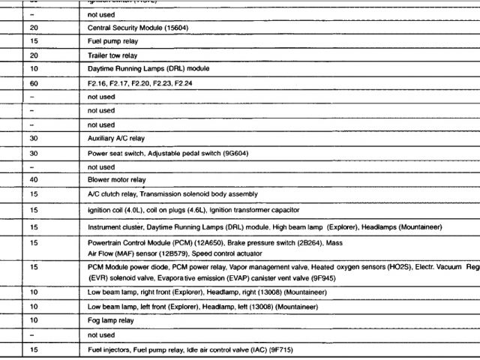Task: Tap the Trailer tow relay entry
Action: click(112, 55)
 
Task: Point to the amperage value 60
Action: click(34, 83)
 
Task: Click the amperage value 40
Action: click(34, 180)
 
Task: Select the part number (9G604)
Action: click(229, 153)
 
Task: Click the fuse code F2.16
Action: click(97, 83)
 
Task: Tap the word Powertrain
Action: click(106, 243)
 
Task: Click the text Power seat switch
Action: click(115, 153)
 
